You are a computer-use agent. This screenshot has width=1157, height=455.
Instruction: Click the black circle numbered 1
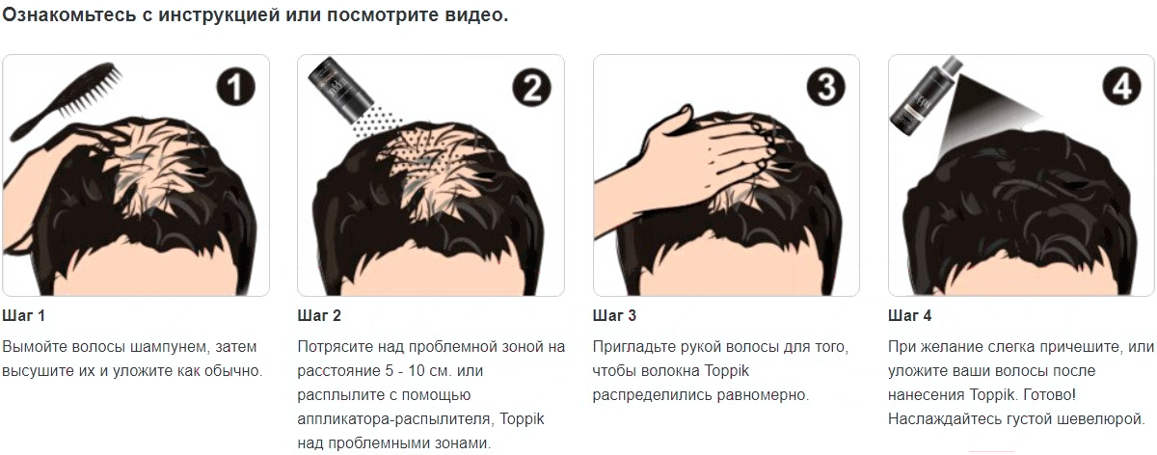pos(235,86)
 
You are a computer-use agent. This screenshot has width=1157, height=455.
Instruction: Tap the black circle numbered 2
pos(531,87)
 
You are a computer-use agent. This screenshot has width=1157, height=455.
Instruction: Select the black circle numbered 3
pos(826,86)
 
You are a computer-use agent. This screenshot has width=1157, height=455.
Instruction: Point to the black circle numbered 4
pos(1122,86)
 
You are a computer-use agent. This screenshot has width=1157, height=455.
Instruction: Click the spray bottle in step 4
pos(925,97)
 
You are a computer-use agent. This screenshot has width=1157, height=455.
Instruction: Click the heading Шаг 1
pos(24,315)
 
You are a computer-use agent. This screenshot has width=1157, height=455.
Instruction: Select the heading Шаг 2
pos(319,315)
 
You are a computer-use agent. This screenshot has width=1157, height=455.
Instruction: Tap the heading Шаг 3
pos(615,315)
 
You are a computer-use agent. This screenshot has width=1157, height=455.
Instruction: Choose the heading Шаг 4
pos(909,315)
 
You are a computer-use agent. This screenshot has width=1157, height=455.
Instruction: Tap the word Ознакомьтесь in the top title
pos(69,15)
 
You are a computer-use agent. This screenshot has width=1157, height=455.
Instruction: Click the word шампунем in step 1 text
pos(171,347)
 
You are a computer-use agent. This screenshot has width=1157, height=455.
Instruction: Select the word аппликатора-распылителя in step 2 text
pos(393,418)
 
